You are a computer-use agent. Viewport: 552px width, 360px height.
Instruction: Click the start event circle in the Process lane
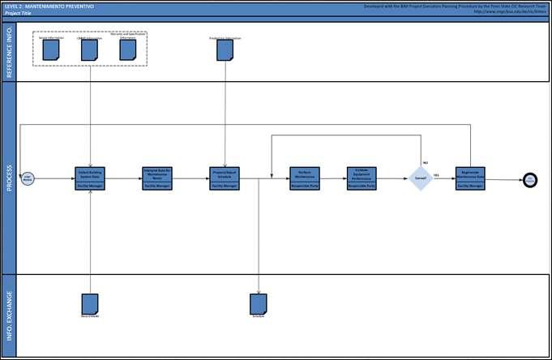pyautogui.click(x=27, y=177)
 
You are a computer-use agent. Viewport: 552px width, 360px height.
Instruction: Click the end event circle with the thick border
pyautogui.click(x=530, y=178)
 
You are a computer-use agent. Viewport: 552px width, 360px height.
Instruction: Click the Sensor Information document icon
pyautogui.click(x=52, y=49)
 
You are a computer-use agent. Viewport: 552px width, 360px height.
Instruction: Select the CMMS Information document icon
pyautogui.click(x=90, y=49)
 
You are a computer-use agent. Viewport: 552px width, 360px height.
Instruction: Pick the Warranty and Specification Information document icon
pyautogui.click(x=128, y=49)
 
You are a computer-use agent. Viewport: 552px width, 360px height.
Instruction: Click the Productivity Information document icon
pyautogui.click(x=224, y=50)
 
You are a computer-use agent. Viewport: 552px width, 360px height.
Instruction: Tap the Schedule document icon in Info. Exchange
pyautogui.click(x=259, y=302)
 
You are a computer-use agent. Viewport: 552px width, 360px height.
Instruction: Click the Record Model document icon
pyautogui.click(x=90, y=302)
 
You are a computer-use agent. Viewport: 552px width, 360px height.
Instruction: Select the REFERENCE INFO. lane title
pyautogui.click(x=9, y=51)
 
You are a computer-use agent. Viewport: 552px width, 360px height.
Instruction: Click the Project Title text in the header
pyautogui.click(x=18, y=14)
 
